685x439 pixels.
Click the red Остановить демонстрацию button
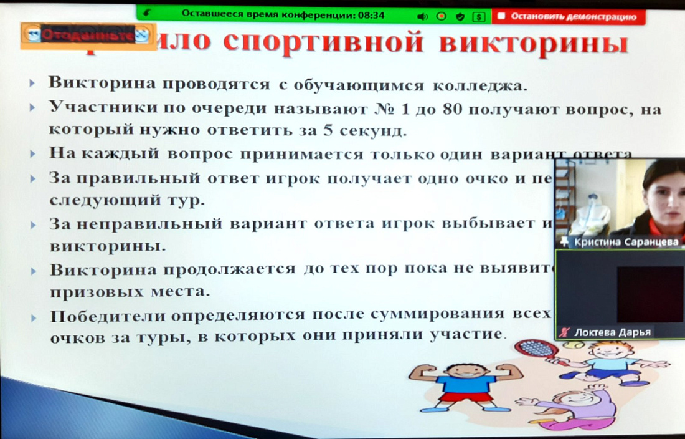tap(567, 16)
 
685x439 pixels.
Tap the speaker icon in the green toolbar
tap(423, 16)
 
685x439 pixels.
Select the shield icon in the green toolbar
tap(460, 17)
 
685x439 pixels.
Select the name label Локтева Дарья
tap(612, 332)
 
